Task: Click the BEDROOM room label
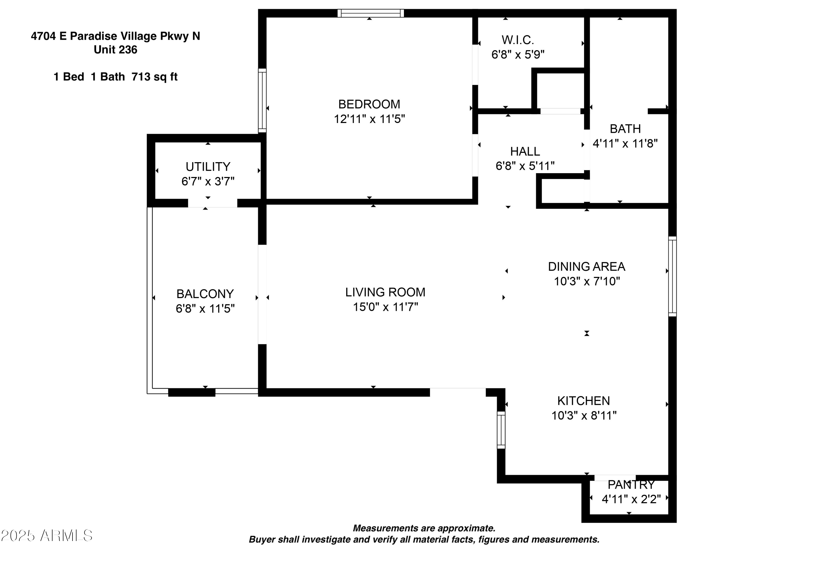[369, 104]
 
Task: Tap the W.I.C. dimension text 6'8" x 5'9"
[518, 55]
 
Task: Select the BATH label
[625, 129]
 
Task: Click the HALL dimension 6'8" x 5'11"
[525, 166]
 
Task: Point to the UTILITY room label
[208, 167]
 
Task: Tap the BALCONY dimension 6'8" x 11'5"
[205, 309]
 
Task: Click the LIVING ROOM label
[385, 292]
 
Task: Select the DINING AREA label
[586, 267]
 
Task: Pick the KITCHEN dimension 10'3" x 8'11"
[584, 415]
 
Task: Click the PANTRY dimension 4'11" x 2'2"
[631, 499]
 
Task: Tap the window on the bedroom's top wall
[370, 13]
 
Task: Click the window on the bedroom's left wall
[262, 100]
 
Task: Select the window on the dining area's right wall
[672, 276]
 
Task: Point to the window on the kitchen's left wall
[501, 430]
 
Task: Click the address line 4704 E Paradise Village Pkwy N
[115, 36]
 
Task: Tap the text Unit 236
[115, 50]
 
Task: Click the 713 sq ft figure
[154, 77]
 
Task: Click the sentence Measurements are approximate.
[424, 528]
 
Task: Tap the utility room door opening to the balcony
[212, 203]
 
